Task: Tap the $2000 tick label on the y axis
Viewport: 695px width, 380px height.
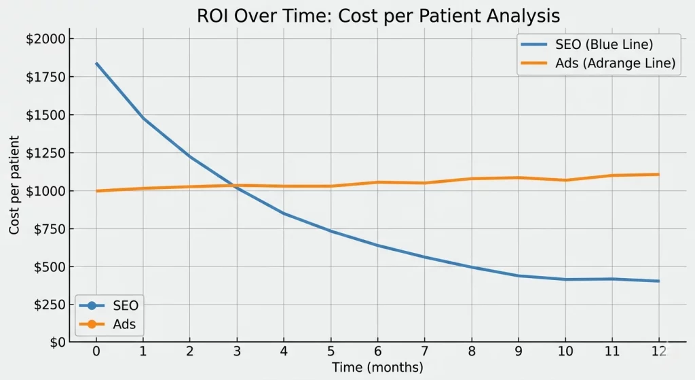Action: pos(45,39)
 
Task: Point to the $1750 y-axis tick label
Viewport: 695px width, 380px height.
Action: pos(45,77)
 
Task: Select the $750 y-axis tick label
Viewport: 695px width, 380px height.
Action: pos(49,229)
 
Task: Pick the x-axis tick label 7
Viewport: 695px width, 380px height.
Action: pos(424,351)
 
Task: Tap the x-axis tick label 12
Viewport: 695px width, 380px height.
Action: pos(658,351)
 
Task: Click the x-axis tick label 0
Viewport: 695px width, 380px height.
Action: pos(96,351)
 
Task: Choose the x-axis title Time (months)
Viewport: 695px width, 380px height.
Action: pos(377,368)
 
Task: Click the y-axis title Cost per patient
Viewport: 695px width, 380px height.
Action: pos(14,185)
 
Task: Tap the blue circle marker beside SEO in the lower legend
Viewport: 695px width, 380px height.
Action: pos(92,306)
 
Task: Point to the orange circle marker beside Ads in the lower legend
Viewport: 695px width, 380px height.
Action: pos(92,324)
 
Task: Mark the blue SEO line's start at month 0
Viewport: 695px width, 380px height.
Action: pos(96,63)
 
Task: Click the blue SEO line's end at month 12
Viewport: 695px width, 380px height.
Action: pos(658,281)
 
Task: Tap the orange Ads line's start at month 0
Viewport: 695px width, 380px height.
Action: pos(96,191)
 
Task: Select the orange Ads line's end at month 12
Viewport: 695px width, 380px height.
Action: pos(658,175)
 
